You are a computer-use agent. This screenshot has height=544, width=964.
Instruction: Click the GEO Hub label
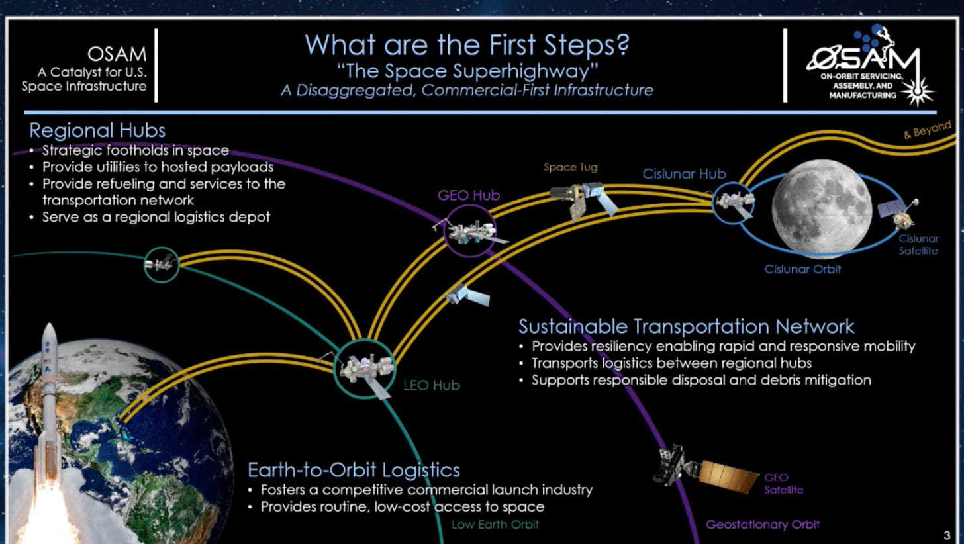(468, 195)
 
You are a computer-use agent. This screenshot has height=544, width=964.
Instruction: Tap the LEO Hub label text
(432, 385)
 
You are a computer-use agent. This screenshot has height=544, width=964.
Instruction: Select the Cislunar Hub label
(684, 174)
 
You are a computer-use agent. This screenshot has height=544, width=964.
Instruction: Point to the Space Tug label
(570, 167)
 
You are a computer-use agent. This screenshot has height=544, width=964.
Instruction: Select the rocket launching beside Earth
(48, 410)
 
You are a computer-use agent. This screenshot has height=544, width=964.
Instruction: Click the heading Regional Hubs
(97, 130)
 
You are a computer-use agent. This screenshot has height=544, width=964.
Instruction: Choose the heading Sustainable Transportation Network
(686, 326)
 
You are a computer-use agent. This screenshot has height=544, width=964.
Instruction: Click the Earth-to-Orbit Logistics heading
(354, 470)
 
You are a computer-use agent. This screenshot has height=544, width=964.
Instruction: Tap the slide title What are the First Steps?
(467, 45)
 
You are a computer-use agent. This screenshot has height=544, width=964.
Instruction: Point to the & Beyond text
(927, 130)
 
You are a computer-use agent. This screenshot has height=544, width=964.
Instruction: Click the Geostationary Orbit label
(762, 525)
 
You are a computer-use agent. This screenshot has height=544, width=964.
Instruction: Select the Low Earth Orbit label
(495, 525)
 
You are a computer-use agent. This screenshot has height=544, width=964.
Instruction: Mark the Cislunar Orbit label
(802, 269)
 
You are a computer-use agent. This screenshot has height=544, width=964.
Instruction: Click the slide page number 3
(947, 533)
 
